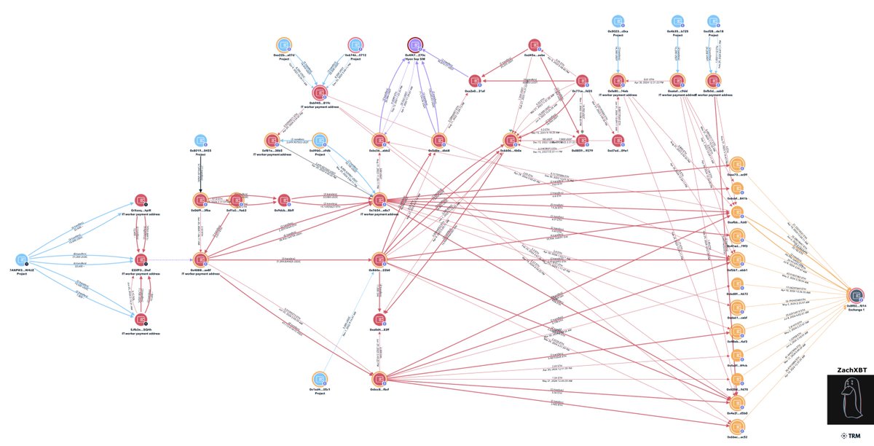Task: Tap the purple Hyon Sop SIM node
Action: [x=415, y=44]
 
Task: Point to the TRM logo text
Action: [x=849, y=436]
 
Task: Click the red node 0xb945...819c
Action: [x=318, y=93]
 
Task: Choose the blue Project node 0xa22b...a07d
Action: [x=283, y=44]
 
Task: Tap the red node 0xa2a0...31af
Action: [x=475, y=79]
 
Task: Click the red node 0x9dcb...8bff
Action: [x=284, y=200]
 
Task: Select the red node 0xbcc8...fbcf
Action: [x=378, y=377]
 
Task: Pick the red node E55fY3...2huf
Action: [x=141, y=259]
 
